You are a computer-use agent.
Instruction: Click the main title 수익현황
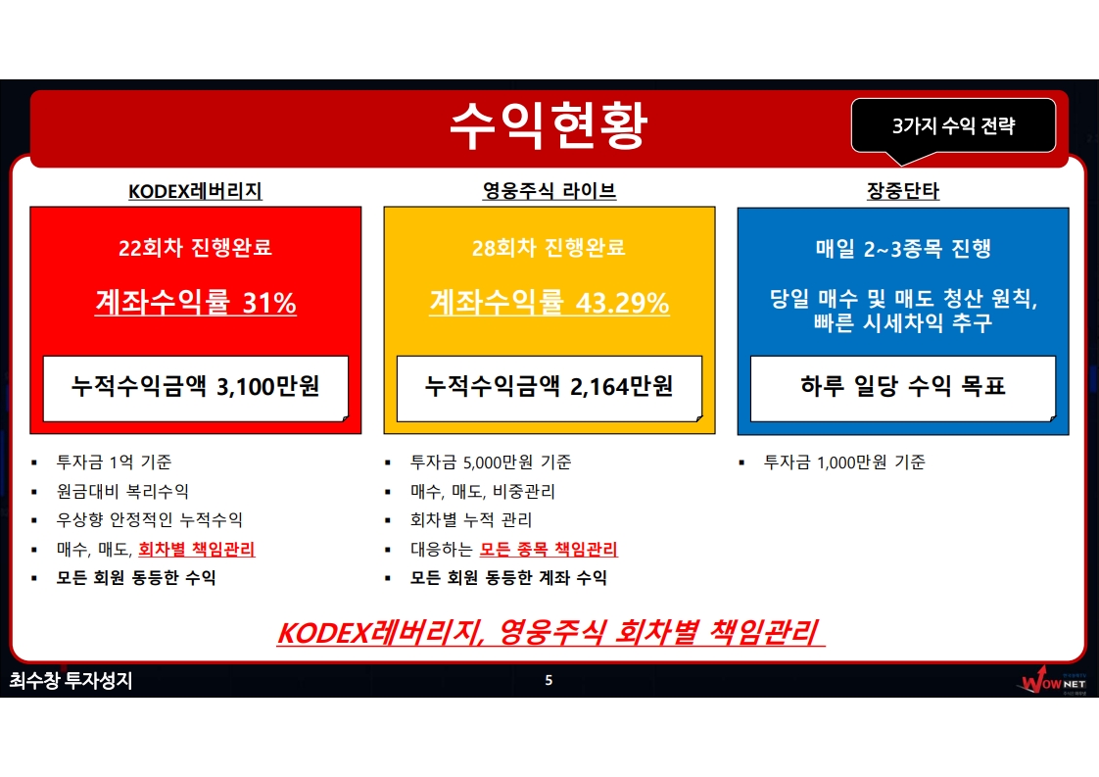click(549, 125)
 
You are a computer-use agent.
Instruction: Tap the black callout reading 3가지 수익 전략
click(953, 126)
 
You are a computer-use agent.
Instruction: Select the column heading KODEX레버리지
click(195, 191)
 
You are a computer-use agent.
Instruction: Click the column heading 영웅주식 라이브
click(549, 191)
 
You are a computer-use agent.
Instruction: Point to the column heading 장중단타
click(903, 191)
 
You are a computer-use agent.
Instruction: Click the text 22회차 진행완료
click(195, 248)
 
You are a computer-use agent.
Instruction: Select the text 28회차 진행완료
click(549, 248)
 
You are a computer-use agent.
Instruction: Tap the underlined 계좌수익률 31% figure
click(196, 302)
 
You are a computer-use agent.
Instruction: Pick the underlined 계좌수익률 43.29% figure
click(549, 302)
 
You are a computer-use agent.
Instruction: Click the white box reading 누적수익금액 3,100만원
click(196, 388)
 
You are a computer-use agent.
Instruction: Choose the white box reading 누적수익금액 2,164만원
click(549, 388)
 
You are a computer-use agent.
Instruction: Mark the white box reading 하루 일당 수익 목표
click(903, 388)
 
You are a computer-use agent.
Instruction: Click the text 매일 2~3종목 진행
click(903, 248)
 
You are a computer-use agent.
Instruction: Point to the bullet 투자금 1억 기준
click(115, 462)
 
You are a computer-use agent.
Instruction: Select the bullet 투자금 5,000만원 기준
click(491, 462)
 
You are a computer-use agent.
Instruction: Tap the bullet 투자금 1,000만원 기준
click(844, 462)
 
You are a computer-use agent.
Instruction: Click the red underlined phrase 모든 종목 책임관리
click(549, 549)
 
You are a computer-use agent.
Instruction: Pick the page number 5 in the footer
click(549, 680)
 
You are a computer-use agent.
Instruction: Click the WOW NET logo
click(1052, 681)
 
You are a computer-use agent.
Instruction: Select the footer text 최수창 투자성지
click(71, 680)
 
